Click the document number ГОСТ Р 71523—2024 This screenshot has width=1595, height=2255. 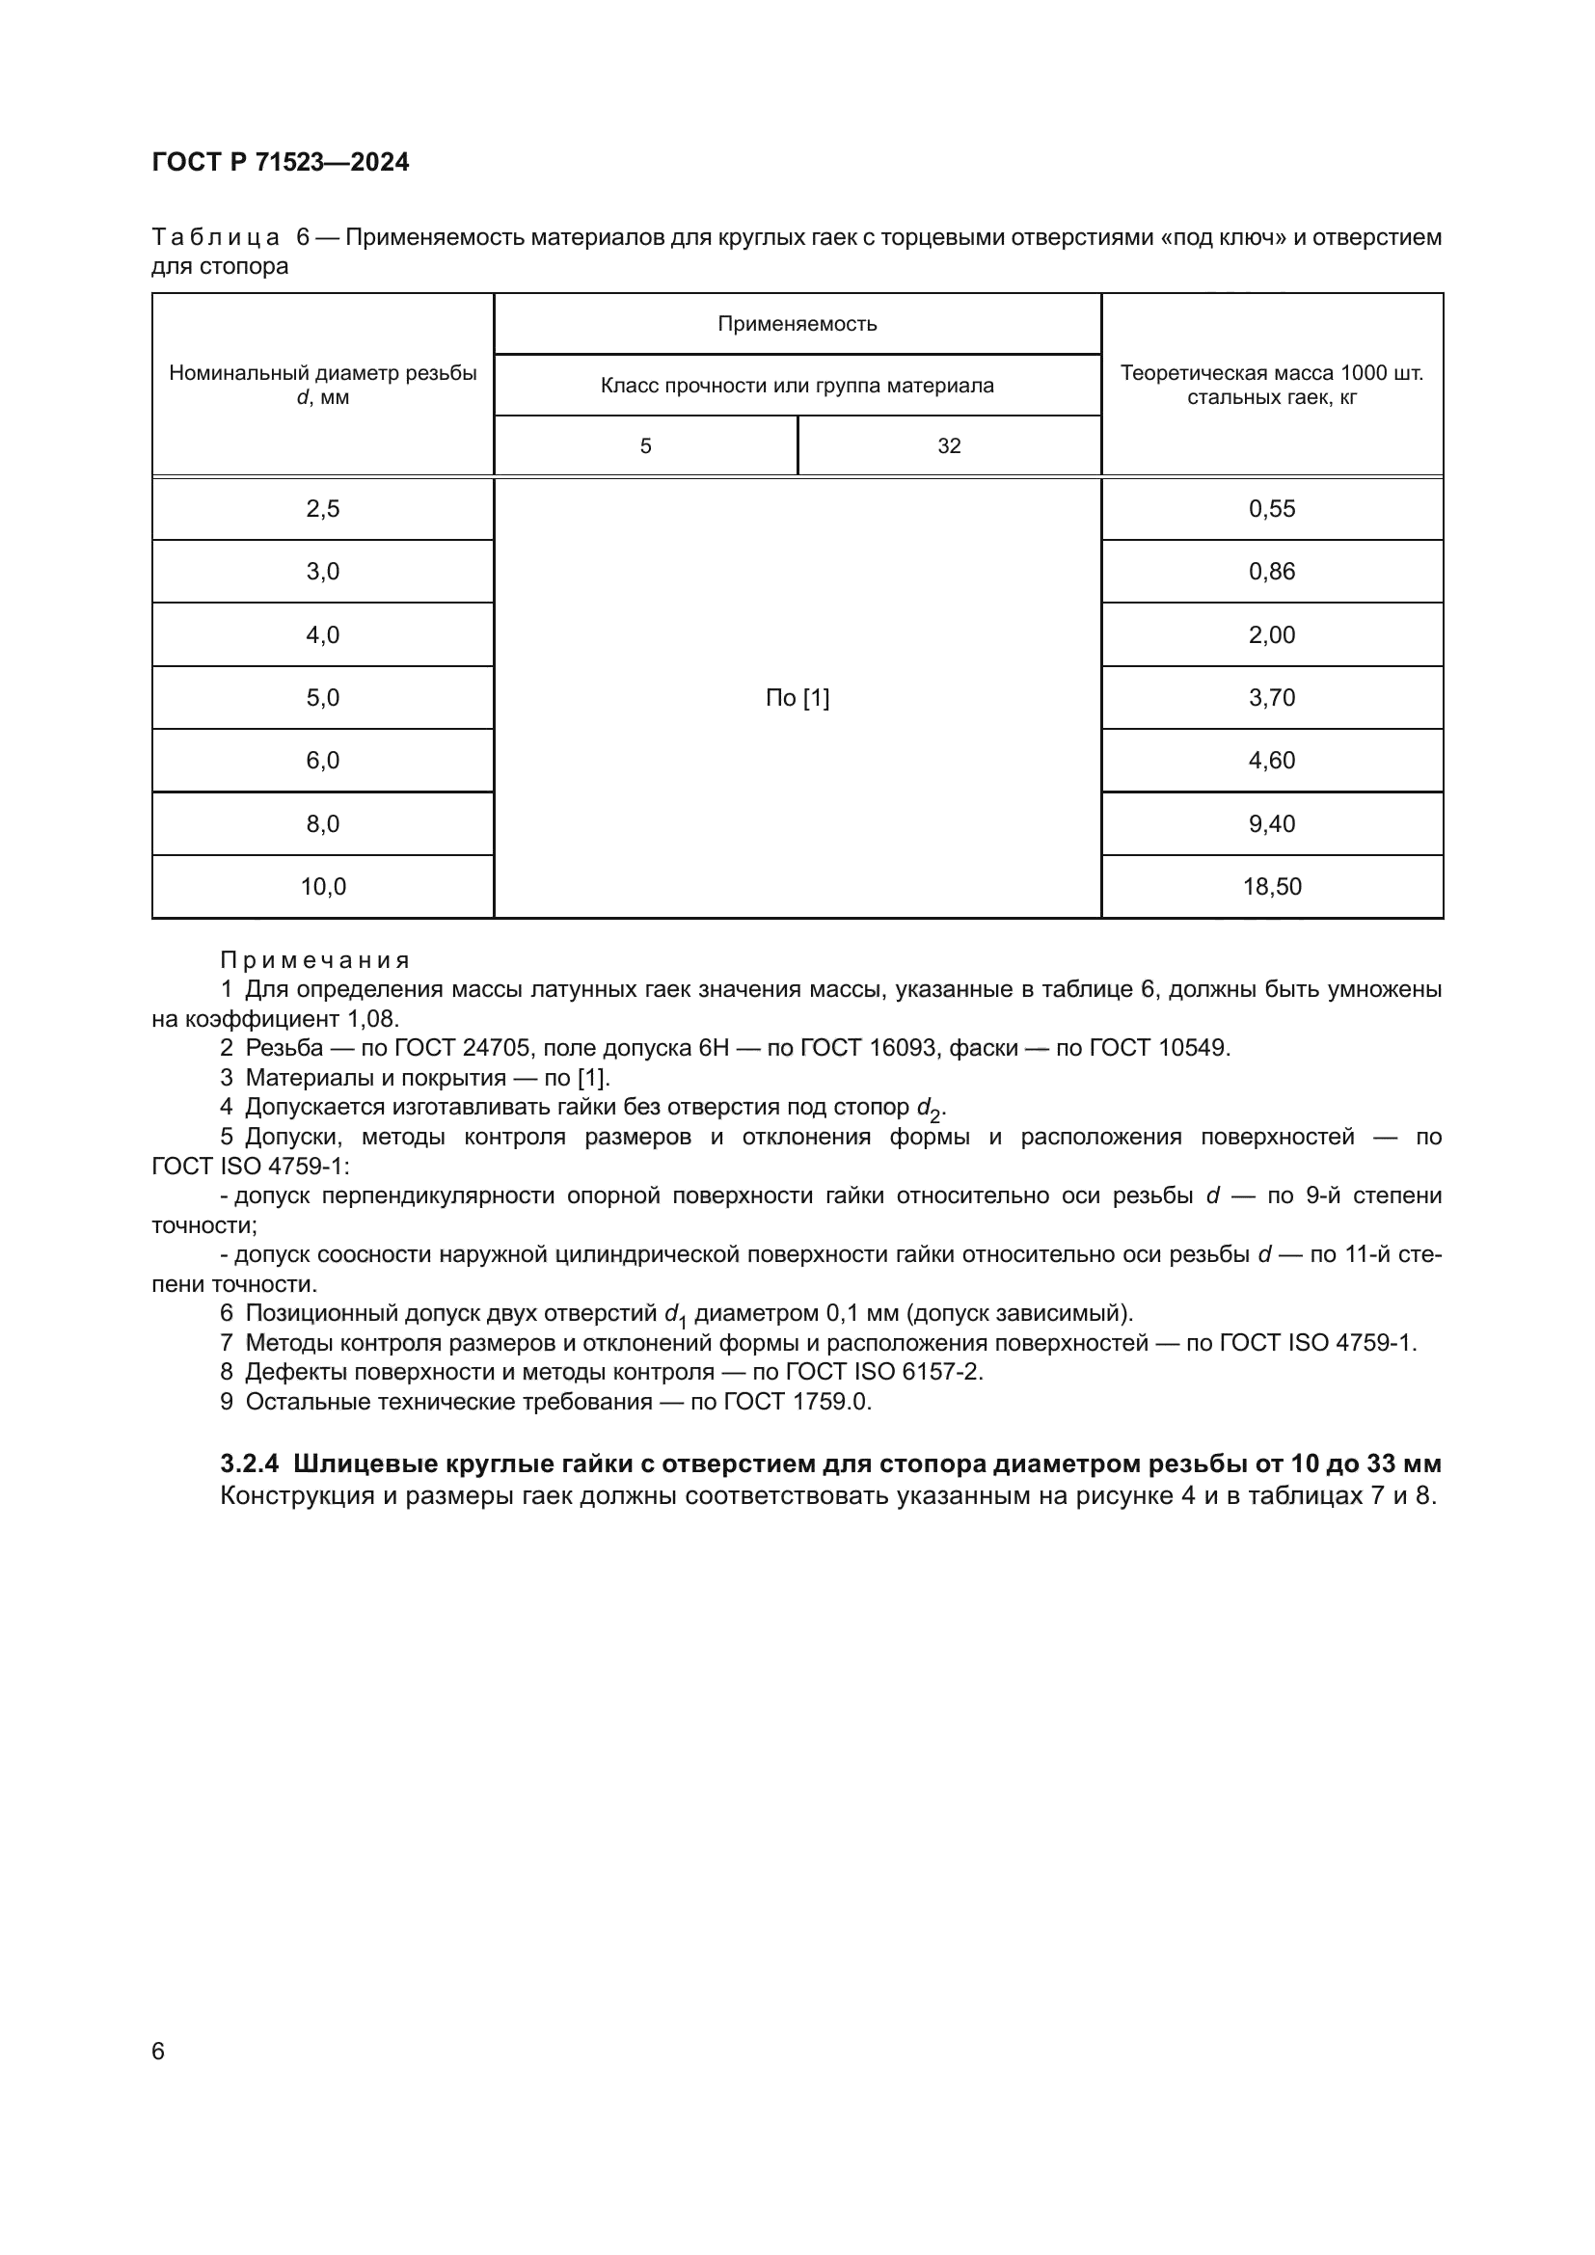click(280, 162)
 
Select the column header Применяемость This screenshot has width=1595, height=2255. click(797, 324)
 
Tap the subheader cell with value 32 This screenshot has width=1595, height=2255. click(949, 446)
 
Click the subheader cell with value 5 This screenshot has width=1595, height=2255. click(645, 446)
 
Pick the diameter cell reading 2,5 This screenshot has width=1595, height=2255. click(322, 509)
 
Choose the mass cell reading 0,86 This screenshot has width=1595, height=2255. click(1272, 572)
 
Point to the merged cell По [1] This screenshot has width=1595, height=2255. click(797, 698)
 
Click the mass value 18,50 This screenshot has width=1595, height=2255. click(1272, 887)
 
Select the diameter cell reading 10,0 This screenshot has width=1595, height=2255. click(322, 887)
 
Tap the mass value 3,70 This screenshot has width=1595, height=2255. click(1272, 698)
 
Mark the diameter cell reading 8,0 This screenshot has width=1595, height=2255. click(322, 824)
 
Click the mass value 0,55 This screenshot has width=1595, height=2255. click(1272, 509)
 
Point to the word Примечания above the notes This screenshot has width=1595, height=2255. click(314, 959)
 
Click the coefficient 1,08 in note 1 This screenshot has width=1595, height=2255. click(372, 1018)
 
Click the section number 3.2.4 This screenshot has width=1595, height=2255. click(250, 1463)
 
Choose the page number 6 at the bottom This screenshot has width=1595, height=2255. click(158, 2052)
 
